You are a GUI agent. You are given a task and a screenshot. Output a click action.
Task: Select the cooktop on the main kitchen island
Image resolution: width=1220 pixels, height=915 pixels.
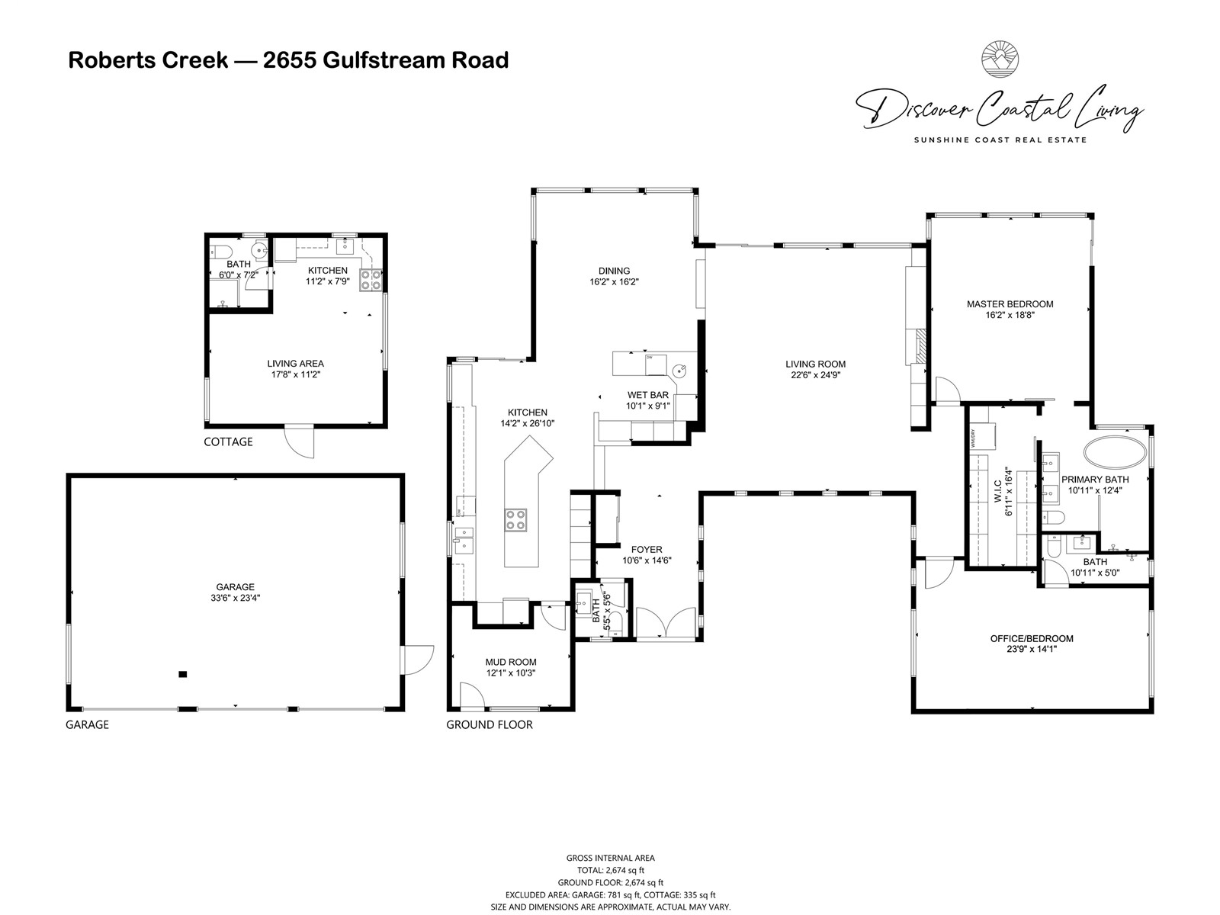515,520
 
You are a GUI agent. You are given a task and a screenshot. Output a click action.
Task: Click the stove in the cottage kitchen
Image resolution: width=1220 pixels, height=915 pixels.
370,279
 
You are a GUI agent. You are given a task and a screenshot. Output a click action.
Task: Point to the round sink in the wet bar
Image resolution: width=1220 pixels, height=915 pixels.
679,371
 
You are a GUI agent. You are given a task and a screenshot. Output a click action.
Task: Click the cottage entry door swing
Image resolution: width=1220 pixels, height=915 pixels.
300,442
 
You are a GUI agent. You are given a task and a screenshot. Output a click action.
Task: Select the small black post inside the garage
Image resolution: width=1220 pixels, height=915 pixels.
182,675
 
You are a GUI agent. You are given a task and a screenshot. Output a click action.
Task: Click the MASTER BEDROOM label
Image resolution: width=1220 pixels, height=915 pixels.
1010,304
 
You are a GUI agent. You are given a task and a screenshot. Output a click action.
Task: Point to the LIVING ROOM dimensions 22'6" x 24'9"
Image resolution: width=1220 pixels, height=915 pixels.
815,375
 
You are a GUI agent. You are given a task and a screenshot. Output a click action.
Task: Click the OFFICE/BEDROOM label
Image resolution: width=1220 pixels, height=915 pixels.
1032,639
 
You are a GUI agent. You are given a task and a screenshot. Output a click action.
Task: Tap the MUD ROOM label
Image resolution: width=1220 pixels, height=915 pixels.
511,662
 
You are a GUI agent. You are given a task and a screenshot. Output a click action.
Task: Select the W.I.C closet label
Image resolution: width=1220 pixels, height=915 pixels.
997,493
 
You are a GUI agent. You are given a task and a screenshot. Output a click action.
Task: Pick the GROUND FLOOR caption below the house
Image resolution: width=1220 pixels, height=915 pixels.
490,724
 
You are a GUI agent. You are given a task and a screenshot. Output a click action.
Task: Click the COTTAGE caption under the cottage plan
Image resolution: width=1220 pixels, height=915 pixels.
229,441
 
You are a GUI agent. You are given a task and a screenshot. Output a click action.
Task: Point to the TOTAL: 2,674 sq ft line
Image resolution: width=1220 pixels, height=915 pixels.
610,870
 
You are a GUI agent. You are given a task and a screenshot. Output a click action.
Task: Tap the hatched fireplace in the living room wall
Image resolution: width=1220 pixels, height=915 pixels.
922,347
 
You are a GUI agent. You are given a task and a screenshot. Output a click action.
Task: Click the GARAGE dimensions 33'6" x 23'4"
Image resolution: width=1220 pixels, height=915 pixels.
235,598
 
